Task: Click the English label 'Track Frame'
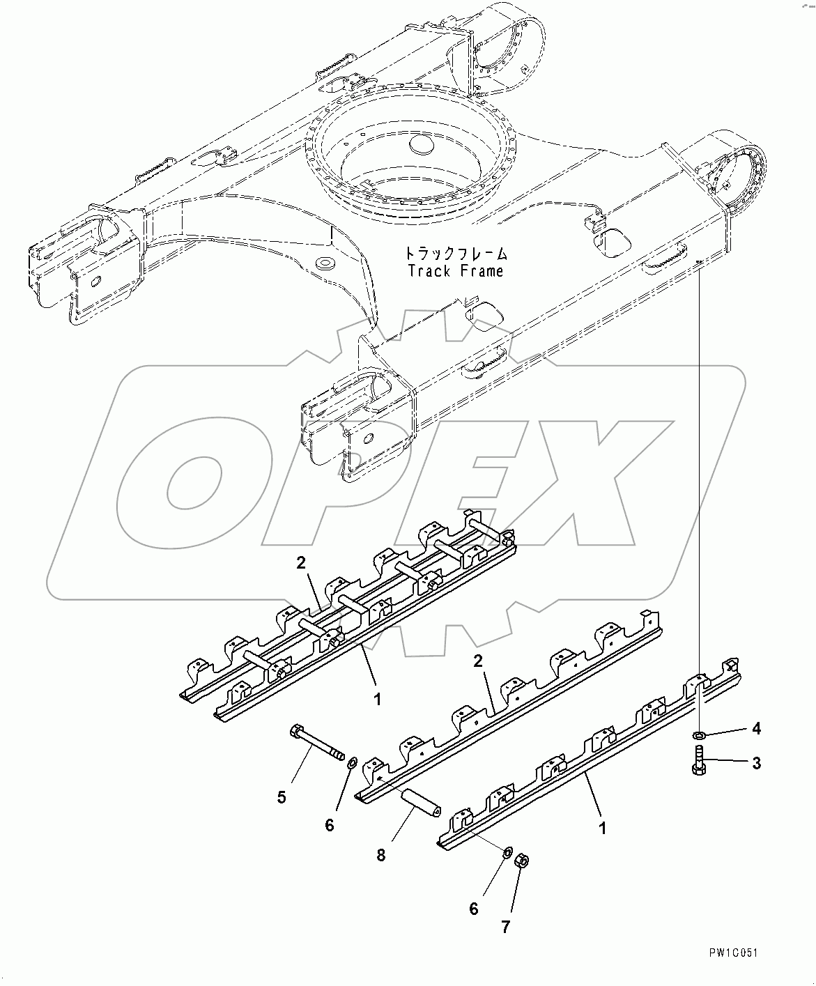click(x=456, y=271)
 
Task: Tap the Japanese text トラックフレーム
click(x=456, y=254)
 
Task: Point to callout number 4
click(x=756, y=729)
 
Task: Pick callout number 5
click(x=282, y=797)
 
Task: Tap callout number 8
click(x=381, y=855)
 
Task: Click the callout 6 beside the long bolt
click(x=330, y=825)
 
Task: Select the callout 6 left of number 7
click(x=474, y=909)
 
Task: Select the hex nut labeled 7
click(x=519, y=862)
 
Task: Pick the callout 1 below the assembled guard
click(x=377, y=700)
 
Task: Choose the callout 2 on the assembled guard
click(x=301, y=563)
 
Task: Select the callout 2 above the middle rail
click(x=478, y=661)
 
